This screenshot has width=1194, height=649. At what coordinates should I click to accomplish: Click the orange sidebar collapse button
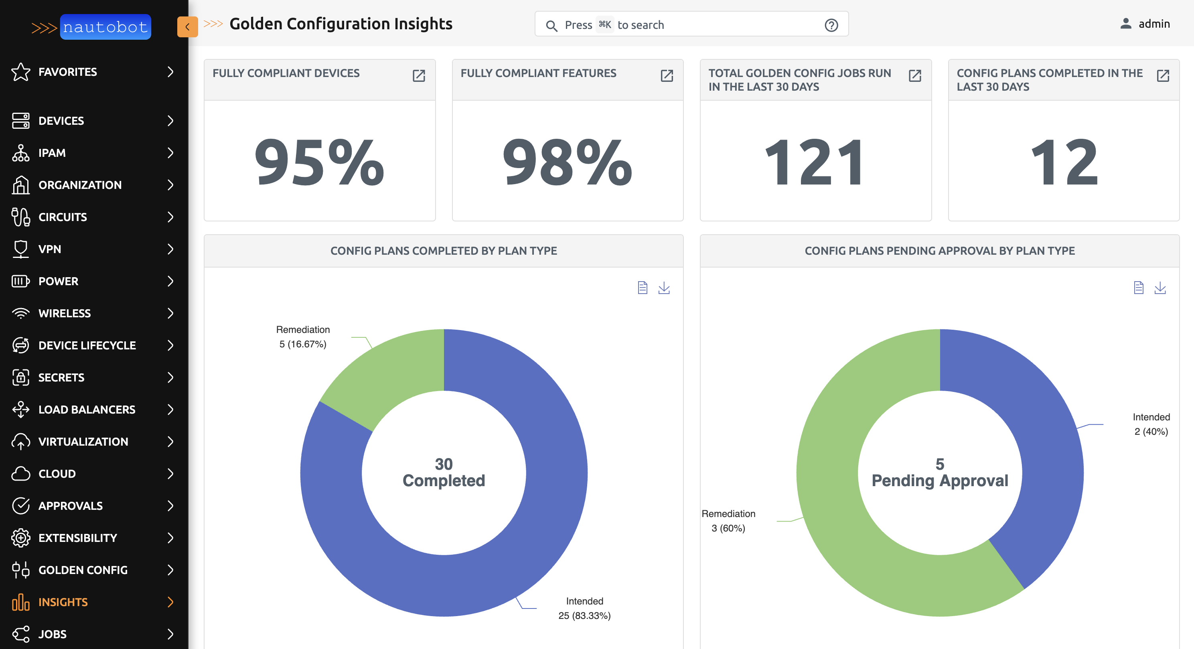(x=187, y=27)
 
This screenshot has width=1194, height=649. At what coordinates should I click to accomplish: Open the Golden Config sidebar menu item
(x=83, y=570)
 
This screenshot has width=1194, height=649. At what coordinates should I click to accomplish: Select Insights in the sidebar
(x=63, y=602)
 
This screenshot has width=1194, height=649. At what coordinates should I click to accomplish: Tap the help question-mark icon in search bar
(x=831, y=25)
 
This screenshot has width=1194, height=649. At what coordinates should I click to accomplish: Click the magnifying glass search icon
(x=551, y=26)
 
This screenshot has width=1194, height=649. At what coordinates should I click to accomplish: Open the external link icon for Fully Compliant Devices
(x=419, y=75)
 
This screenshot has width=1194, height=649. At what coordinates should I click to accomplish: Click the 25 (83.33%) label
(x=584, y=616)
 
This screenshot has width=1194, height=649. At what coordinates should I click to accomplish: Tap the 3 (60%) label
(x=728, y=528)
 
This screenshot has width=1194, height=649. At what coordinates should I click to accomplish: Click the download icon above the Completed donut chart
(x=664, y=288)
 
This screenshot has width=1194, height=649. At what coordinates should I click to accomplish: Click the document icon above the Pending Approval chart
(x=1138, y=288)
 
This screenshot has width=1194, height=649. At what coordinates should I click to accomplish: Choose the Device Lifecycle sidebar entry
(x=87, y=345)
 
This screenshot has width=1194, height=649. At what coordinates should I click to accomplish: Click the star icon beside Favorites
(x=20, y=72)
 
